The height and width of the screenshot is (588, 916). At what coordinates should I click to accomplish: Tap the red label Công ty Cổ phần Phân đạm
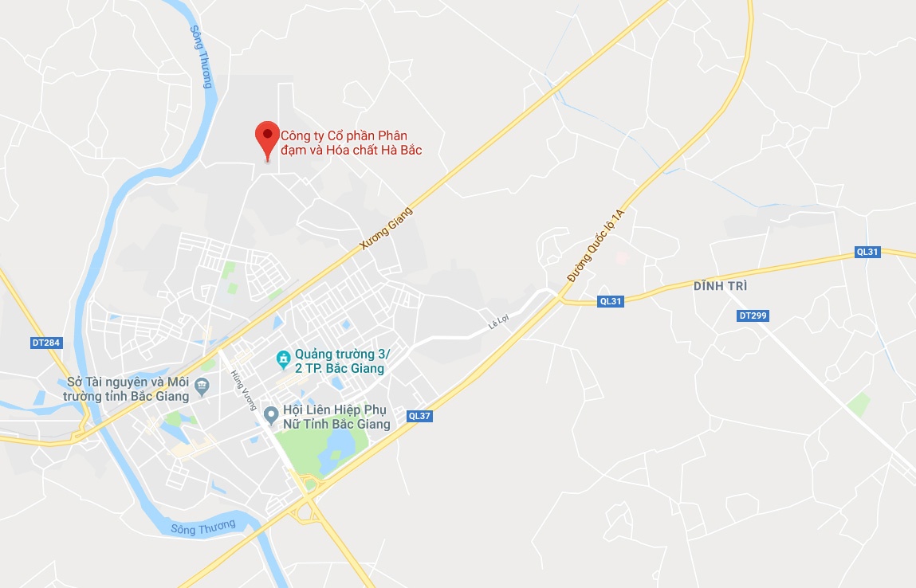point(351,143)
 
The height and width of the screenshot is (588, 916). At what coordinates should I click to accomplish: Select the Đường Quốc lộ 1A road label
point(596,245)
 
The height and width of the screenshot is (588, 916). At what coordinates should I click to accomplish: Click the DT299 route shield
point(753,316)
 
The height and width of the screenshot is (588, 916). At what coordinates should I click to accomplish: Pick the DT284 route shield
point(46,343)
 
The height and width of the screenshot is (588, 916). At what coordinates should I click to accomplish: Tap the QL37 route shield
point(419,415)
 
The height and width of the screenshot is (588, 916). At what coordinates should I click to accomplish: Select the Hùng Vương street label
point(240,390)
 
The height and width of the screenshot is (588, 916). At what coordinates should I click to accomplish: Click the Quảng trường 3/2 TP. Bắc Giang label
point(340,361)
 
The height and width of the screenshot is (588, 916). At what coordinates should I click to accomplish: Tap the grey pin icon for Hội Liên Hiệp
point(271,414)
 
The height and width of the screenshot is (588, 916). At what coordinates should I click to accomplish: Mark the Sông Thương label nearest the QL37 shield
point(203,527)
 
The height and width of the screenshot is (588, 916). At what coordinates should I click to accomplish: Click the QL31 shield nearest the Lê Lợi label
point(610,301)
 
